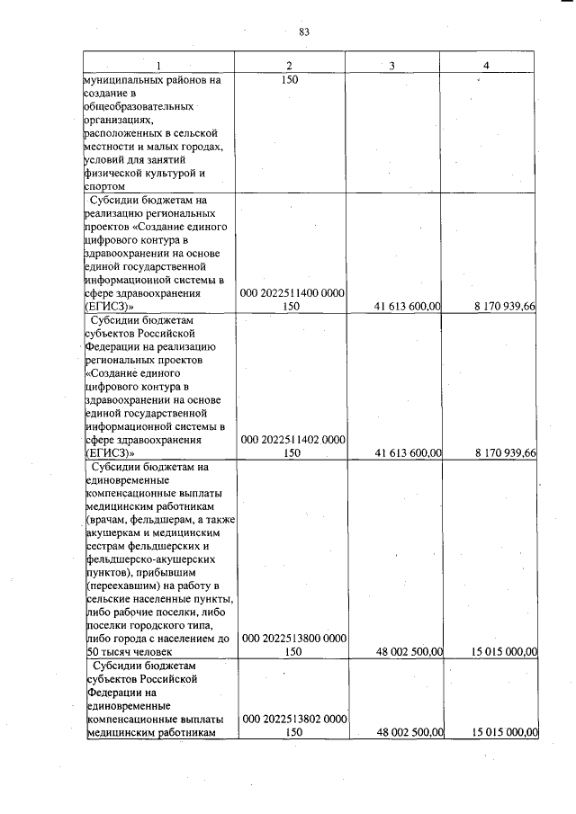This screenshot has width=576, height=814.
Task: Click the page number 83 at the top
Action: [303, 32]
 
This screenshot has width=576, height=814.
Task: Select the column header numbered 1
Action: [158, 66]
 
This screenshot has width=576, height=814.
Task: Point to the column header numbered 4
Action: [486, 66]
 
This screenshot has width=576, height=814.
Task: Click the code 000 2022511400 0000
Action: [290, 293]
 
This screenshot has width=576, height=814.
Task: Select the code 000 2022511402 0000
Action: [290, 441]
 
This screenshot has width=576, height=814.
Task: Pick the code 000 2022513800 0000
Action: [290, 639]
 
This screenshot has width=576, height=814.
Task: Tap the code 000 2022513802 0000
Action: [290, 720]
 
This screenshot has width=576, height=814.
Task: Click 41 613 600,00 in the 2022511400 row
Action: [407, 307]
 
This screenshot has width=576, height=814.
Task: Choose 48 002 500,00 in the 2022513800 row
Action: [407, 652]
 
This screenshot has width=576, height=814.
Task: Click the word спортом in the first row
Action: [104, 186]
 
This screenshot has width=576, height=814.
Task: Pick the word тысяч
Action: [120, 652]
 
